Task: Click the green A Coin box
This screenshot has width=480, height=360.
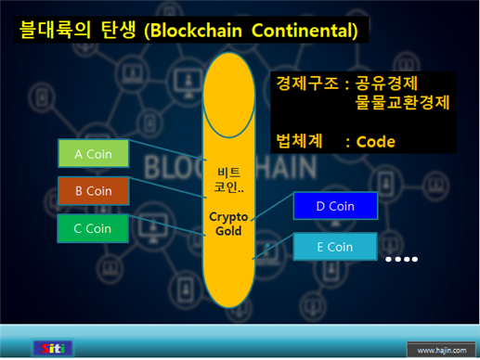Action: pos(92,154)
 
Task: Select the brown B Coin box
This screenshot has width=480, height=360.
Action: pos(92,191)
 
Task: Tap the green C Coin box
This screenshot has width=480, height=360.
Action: pos(92,228)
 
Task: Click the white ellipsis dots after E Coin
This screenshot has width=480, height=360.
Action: pos(403,259)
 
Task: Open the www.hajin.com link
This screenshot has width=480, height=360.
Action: pos(439,350)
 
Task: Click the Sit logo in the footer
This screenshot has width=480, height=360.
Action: pos(52,348)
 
